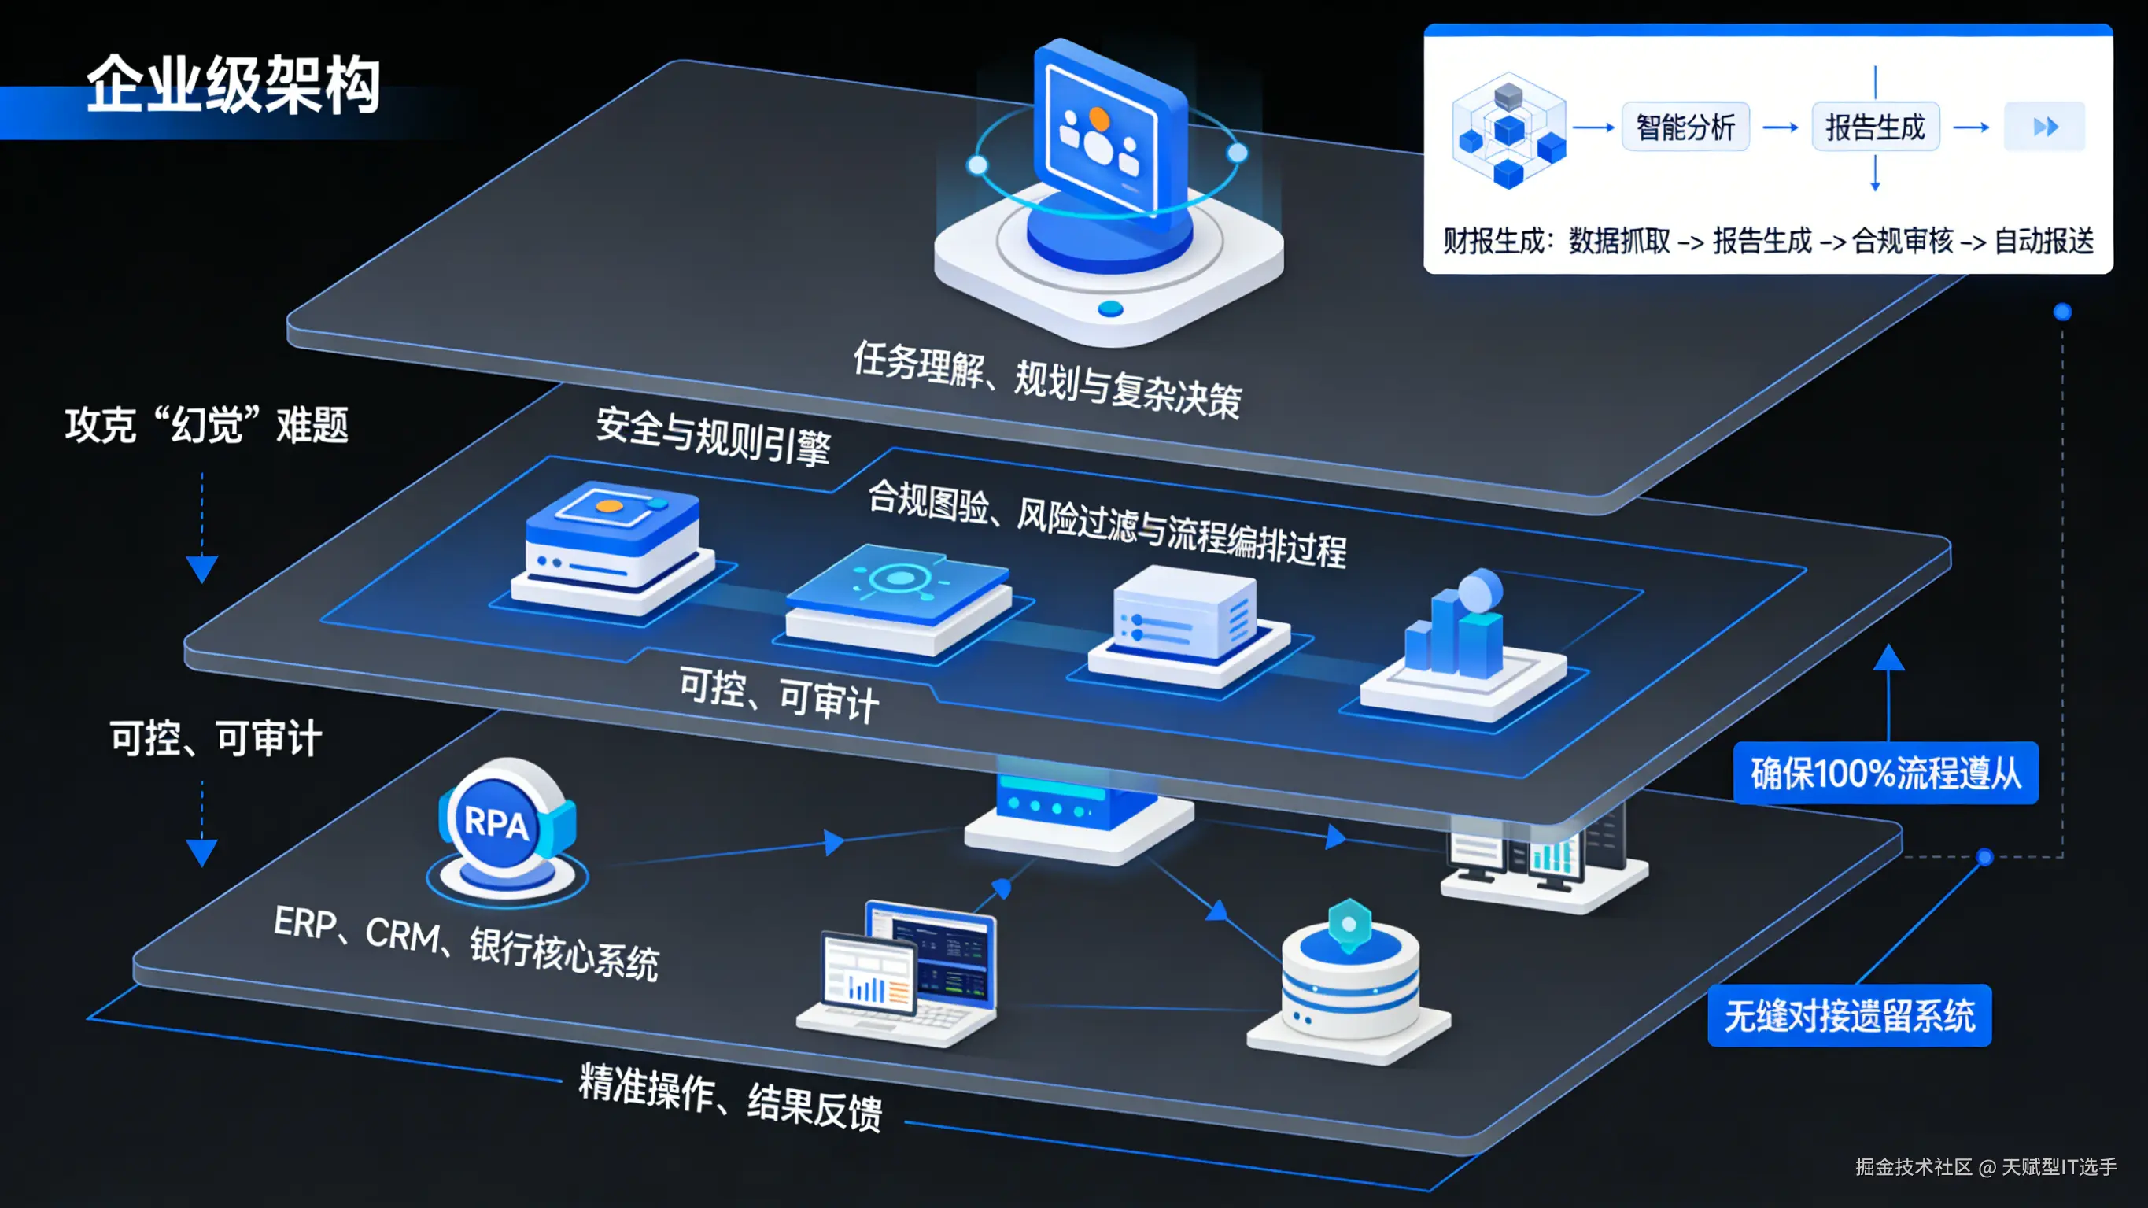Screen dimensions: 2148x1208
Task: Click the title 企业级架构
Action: pos(234,85)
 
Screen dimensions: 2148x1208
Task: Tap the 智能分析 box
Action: pos(1685,127)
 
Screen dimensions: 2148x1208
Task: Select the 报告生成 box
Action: pos(1875,127)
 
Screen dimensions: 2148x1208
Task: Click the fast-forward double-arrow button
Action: pos(2045,127)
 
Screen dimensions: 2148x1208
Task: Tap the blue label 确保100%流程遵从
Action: pos(1885,774)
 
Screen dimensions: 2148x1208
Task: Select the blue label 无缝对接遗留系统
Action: pos(1849,1016)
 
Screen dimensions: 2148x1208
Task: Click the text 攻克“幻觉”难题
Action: pos(207,426)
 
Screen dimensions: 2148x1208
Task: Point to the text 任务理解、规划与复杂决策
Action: pos(1047,379)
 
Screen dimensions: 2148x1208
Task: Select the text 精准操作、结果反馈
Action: pos(730,1096)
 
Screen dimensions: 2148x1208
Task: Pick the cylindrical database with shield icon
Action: pos(1349,981)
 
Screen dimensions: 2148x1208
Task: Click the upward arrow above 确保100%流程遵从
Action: pos(1888,659)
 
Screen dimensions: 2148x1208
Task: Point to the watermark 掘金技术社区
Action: pos(1914,1166)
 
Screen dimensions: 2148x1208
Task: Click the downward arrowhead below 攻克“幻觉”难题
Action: pos(201,569)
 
